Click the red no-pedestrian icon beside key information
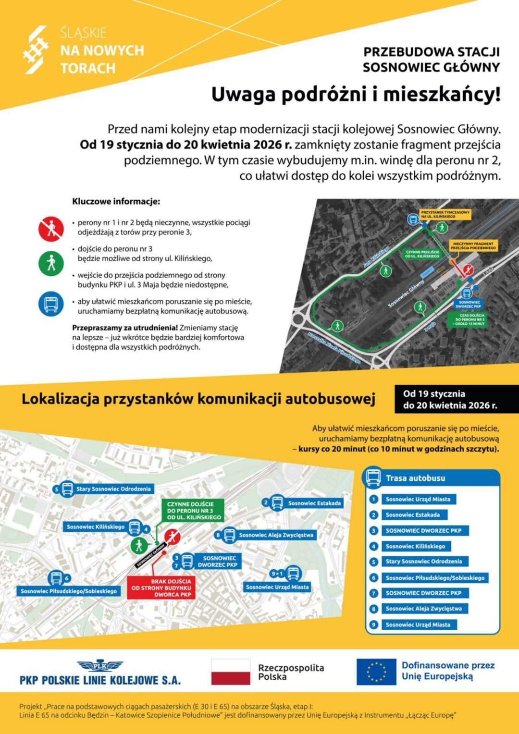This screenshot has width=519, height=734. click(x=51, y=229)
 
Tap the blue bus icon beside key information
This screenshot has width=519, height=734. click(x=51, y=304)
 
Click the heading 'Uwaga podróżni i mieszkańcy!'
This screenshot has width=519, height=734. click(x=356, y=94)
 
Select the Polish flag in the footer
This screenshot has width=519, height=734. click(x=231, y=672)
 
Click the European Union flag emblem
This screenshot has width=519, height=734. click(x=376, y=672)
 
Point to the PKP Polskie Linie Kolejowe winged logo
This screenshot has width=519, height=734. click(x=100, y=665)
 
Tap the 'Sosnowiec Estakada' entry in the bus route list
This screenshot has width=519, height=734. click(x=412, y=515)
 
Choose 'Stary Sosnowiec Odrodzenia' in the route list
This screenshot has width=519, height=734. click(x=423, y=562)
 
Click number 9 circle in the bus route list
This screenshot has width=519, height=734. click(x=374, y=624)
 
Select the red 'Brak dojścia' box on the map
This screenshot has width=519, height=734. click(x=161, y=587)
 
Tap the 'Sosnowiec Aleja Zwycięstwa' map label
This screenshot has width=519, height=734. click(x=276, y=535)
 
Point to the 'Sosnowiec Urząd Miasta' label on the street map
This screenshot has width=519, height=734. click(x=277, y=587)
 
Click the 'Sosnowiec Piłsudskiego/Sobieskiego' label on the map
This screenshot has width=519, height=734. click(x=69, y=591)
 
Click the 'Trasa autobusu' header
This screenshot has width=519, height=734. click(x=415, y=478)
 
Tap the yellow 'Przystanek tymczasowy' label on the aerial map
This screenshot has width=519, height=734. click(x=445, y=214)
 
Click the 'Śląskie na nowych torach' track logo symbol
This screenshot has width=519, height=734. click(x=36, y=50)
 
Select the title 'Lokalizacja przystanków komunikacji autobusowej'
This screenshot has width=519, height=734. click(x=198, y=399)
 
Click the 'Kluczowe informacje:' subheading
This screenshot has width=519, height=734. click(x=116, y=202)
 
